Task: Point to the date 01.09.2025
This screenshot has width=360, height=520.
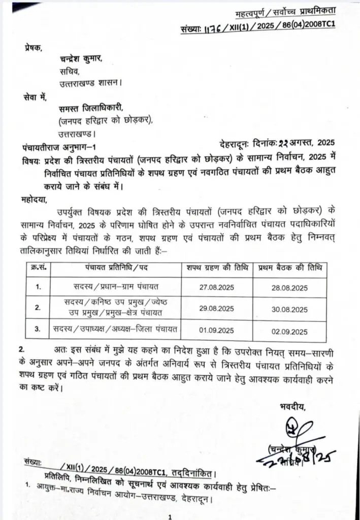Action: coord(216,331)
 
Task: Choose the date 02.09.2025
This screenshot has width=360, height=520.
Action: coord(290,332)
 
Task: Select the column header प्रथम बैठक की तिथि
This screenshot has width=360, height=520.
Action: coord(290,268)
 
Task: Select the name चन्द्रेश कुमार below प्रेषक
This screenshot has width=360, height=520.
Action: coord(81,59)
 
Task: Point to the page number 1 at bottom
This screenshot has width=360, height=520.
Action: coord(171,516)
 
